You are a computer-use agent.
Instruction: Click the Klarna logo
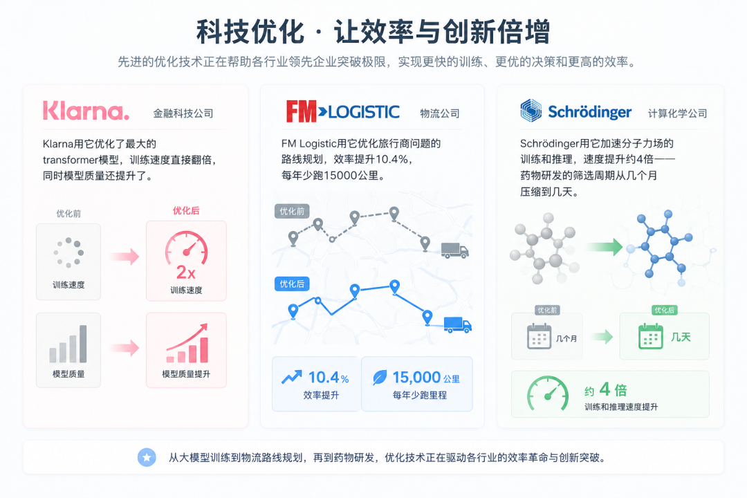(x=86, y=111)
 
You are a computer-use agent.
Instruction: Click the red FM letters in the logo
(x=301, y=111)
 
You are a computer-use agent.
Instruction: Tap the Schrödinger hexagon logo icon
(x=531, y=111)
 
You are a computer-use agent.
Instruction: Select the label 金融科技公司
(x=183, y=113)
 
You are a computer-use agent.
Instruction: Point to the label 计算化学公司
(x=677, y=113)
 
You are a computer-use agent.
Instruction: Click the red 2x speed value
(x=186, y=273)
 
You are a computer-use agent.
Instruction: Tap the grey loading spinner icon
(x=68, y=252)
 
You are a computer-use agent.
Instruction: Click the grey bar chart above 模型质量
(x=68, y=344)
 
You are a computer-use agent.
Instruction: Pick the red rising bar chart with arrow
(x=187, y=343)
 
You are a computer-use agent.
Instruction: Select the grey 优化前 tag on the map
(x=292, y=211)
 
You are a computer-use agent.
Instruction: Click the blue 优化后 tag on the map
(x=292, y=284)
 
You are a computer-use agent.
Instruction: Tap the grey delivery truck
(x=454, y=250)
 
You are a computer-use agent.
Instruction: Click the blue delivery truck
(x=457, y=324)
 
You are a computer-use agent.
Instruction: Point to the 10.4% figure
(x=329, y=378)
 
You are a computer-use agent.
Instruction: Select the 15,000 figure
(x=416, y=378)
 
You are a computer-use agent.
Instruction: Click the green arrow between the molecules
(x=605, y=246)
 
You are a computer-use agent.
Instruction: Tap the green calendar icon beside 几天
(x=650, y=336)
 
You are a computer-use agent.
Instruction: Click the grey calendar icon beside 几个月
(x=539, y=336)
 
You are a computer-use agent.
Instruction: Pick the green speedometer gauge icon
(x=548, y=394)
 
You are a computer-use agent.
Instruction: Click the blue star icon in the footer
(x=147, y=457)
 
